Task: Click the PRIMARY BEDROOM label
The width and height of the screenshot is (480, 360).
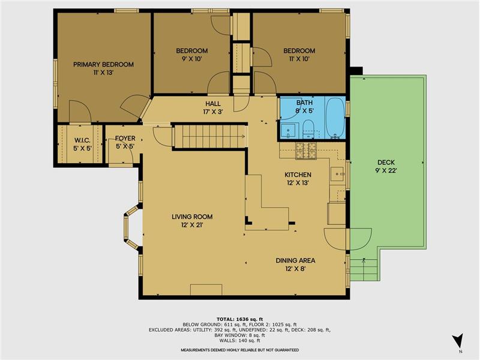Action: coord(103,65)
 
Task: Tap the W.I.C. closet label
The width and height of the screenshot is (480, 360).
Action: coord(82,140)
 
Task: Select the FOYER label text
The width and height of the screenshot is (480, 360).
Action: coord(125,139)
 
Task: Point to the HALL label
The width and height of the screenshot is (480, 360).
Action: coord(213,103)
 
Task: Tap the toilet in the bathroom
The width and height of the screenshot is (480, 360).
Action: coord(308,129)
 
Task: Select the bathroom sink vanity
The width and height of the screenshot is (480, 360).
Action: coord(288,130)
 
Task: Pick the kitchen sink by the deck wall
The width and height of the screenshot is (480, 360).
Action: coord(337,174)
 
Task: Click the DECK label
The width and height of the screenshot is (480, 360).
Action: coord(386,163)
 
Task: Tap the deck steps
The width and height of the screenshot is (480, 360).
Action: coord(364,269)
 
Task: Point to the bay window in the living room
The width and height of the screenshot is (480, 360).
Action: coord(131,227)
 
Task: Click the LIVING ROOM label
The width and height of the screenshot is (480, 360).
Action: coord(192,217)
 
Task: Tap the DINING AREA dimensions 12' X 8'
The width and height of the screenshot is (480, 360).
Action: coord(295,269)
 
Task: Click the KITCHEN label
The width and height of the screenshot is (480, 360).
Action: coord(298,175)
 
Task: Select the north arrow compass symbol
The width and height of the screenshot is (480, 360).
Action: coord(458,340)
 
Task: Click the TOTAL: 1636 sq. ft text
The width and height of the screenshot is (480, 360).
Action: coord(239,319)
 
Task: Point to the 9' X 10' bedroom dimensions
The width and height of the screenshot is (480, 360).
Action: coord(192,59)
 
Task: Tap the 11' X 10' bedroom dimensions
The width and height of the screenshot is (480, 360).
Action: coord(299,59)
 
